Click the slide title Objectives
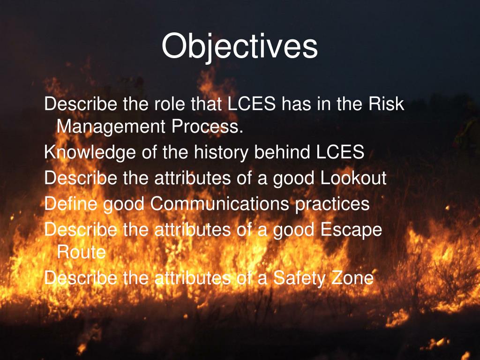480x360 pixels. click(x=240, y=47)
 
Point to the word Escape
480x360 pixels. click(x=351, y=231)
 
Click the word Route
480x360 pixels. click(x=81, y=253)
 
